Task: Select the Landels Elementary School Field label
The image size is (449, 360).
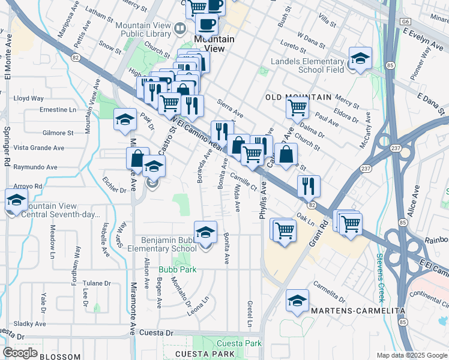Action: click(x=307, y=65)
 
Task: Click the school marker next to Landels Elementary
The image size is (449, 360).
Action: click(x=360, y=59)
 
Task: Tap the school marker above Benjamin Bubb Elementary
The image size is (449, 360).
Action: click(x=205, y=232)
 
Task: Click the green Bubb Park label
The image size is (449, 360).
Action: click(x=178, y=270)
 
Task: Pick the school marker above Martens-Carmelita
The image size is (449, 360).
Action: click(x=297, y=301)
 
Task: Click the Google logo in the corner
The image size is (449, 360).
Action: click(x=20, y=353)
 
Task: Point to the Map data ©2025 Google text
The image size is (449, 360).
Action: click(x=411, y=355)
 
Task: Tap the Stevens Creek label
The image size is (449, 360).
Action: click(x=381, y=278)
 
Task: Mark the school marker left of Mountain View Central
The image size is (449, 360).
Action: click(x=16, y=200)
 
